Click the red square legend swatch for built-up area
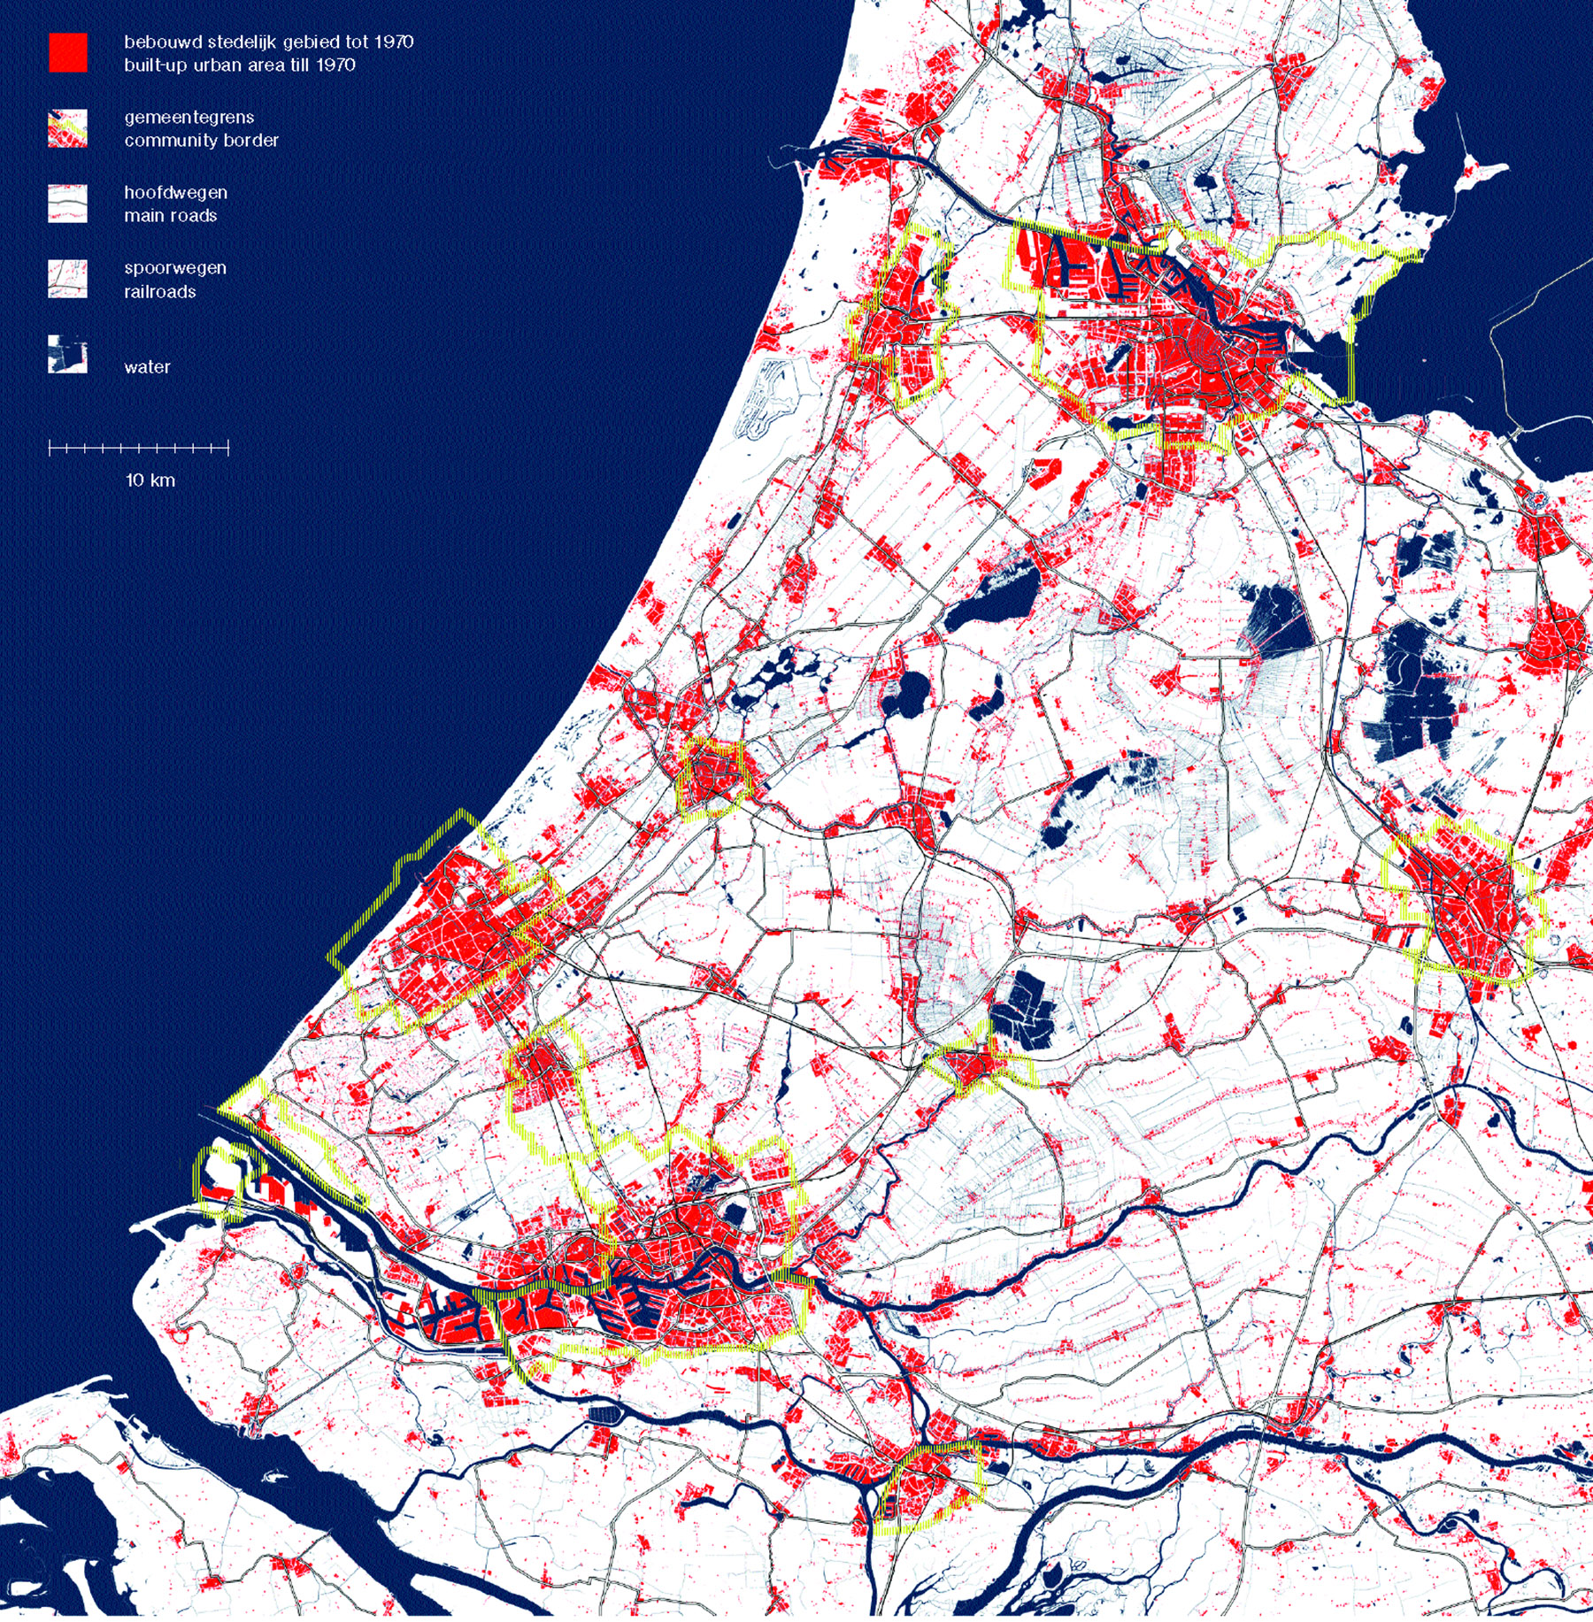(67, 52)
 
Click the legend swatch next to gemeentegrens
(67, 128)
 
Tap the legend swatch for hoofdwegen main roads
(67, 204)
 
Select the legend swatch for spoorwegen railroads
(67, 279)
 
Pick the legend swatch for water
(67, 354)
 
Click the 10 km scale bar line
(139, 449)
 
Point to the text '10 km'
(150, 480)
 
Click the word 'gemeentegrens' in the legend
(189, 117)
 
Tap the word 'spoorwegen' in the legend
(175, 267)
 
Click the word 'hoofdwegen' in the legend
(176, 192)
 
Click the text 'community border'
(202, 140)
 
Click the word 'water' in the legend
(147, 366)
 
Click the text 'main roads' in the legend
(171, 215)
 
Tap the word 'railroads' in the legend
(160, 291)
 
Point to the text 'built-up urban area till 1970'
(240, 65)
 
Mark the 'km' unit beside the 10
(163, 480)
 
